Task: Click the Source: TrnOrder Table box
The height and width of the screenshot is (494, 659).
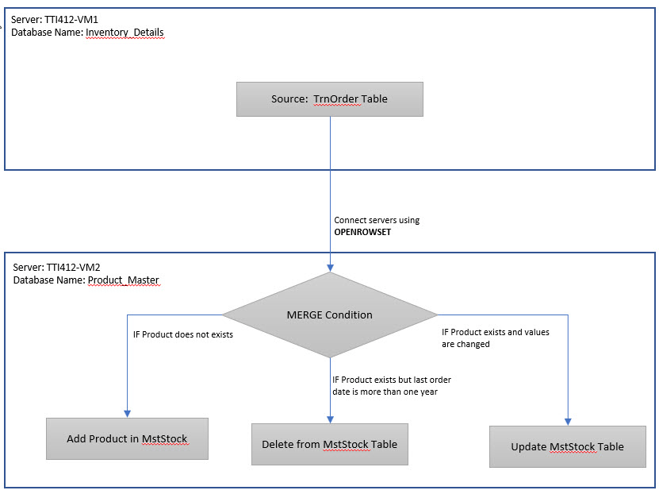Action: tap(329, 100)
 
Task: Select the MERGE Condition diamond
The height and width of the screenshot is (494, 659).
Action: tap(329, 315)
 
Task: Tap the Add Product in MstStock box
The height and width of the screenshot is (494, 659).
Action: tap(127, 438)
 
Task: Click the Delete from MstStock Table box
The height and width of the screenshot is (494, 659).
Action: tap(329, 444)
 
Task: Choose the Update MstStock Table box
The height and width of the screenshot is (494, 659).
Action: tap(567, 446)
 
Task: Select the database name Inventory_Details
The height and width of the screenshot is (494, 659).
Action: tap(125, 33)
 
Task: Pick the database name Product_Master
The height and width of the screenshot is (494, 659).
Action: tap(124, 280)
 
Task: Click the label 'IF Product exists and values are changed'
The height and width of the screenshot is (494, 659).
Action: tap(495, 338)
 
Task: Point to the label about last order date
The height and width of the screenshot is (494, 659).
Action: tap(391, 385)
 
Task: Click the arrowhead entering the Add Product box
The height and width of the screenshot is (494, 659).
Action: tap(127, 413)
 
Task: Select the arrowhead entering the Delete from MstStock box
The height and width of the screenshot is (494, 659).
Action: tap(329, 418)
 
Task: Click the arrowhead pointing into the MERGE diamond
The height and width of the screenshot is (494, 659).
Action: tap(329, 268)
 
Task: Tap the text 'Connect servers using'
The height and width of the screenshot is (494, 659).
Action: tap(377, 220)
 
